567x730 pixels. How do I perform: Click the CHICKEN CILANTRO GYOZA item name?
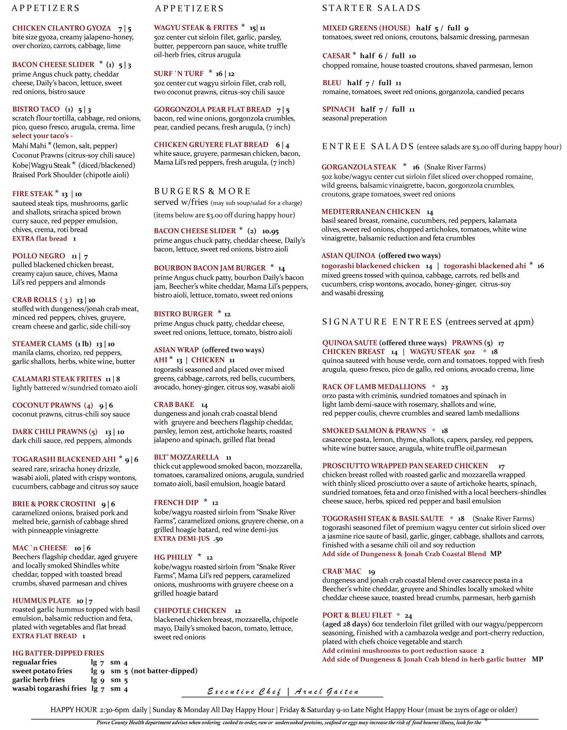coord(61,28)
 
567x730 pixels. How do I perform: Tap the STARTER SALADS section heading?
coord(371,8)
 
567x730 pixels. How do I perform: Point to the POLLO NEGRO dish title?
coord(38,256)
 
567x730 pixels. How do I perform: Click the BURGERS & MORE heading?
coord(202,191)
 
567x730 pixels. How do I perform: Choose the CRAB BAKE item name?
coord(174,405)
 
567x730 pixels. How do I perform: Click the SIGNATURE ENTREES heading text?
coord(382,322)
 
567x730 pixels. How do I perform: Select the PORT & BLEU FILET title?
coord(357,615)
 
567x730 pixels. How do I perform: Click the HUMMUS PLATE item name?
coord(41,601)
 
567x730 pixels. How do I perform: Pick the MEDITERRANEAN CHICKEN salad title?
coord(371,212)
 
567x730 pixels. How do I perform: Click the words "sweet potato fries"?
coord(42,671)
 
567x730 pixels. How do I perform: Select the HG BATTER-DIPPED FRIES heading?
coord(58,653)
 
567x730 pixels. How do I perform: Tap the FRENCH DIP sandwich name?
coord(176,503)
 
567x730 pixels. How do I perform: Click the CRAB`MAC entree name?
coord(342,571)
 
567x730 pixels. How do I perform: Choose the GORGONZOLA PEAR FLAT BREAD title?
coord(212,109)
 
